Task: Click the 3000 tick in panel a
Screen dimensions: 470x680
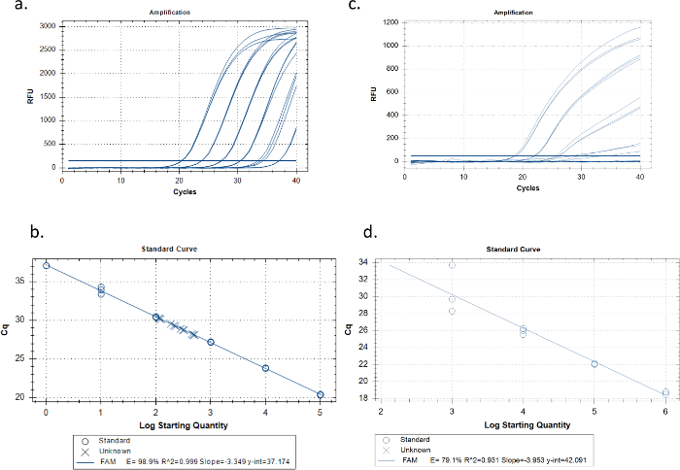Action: point(47,25)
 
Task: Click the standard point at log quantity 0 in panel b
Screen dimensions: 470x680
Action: point(47,265)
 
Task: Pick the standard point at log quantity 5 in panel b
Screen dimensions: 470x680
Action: point(321,395)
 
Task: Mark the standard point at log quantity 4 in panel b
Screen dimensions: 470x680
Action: point(265,369)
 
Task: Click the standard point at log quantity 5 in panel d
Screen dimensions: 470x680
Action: point(595,364)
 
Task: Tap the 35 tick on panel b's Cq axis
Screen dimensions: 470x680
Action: point(31,281)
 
